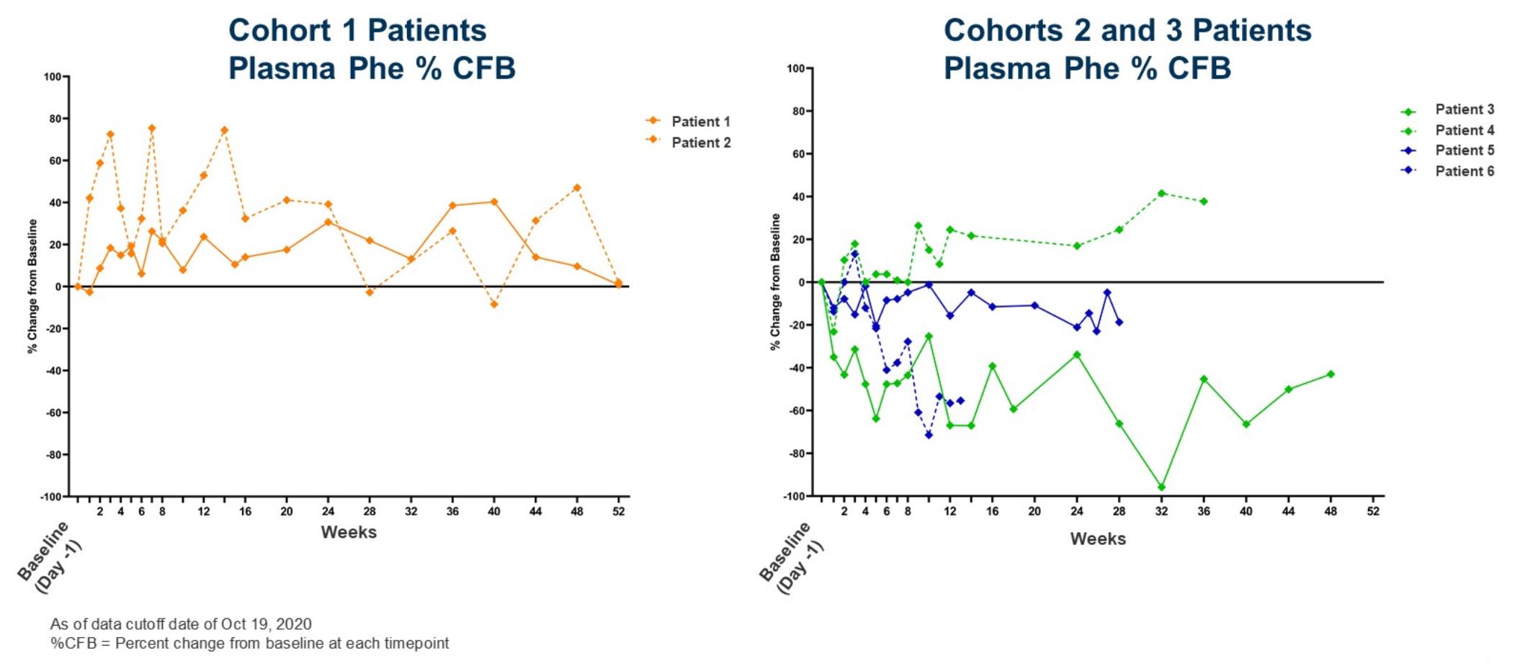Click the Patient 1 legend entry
pyautogui.click(x=687, y=122)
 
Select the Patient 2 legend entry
pyautogui.click(x=687, y=143)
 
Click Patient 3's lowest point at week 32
pyautogui.click(x=1161, y=487)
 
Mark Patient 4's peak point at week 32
pyautogui.click(x=1161, y=194)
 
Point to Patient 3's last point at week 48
pyautogui.click(x=1331, y=374)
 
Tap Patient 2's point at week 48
pyautogui.click(x=576, y=188)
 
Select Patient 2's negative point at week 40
pyautogui.click(x=493, y=305)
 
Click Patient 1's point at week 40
pyautogui.click(x=493, y=202)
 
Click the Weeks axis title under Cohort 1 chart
pyautogui.click(x=349, y=533)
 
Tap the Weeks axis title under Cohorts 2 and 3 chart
pyautogui.click(x=1098, y=539)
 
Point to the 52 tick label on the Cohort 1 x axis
pyautogui.click(x=618, y=512)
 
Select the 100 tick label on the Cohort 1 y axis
pyautogui.click(x=53, y=76)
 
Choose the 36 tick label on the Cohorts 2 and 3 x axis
pyautogui.click(x=1204, y=512)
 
